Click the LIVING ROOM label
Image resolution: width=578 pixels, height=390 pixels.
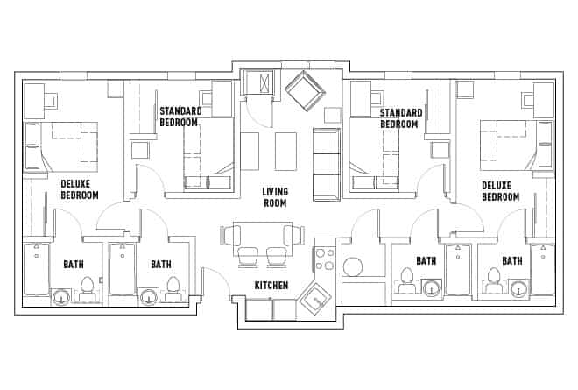(x=275, y=197)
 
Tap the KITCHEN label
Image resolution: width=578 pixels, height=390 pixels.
(x=272, y=286)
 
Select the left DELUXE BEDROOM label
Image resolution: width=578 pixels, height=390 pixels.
(x=79, y=189)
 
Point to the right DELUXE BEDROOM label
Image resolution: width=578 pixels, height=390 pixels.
(x=500, y=191)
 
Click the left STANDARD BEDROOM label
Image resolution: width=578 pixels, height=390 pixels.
(x=180, y=117)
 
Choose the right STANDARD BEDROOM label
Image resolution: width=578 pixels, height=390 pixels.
(x=401, y=118)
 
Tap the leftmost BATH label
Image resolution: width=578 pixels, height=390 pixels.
(x=74, y=264)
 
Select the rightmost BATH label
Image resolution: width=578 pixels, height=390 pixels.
(x=512, y=260)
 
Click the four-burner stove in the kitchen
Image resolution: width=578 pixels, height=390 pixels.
(x=325, y=259)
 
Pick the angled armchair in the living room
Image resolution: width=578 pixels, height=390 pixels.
(x=302, y=89)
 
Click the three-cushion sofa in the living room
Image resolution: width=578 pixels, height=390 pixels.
(x=326, y=163)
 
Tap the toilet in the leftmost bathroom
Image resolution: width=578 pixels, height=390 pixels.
(x=87, y=288)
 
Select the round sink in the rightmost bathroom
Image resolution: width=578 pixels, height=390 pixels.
(x=518, y=290)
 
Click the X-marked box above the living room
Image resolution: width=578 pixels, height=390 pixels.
(x=261, y=84)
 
